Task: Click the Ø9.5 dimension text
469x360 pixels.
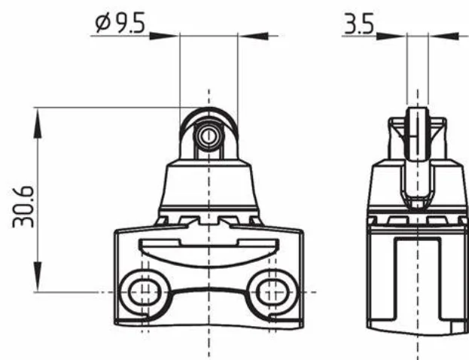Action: pyautogui.click(x=120, y=23)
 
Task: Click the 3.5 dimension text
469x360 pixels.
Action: pyautogui.click(x=359, y=23)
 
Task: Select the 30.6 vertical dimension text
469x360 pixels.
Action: pyautogui.click(x=23, y=207)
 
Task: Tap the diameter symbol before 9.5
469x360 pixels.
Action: pyautogui.click(x=102, y=23)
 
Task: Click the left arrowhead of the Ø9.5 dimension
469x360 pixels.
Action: pyautogui.click(x=164, y=36)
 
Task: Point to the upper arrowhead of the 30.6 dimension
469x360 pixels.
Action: pyautogui.click(x=38, y=123)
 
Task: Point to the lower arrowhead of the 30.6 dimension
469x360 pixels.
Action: pyautogui.click(x=38, y=276)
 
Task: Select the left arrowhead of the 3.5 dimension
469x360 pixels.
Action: pyautogui.click(x=391, y=36)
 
